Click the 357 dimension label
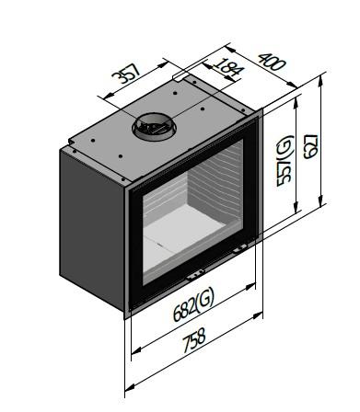coord(126,74)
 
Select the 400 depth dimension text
coord(272,62)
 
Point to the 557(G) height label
coord(285,160)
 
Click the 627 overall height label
coord(311,146)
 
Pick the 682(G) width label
coord(193,305)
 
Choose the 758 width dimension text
coord(193,340)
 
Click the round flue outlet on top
coord(155,127)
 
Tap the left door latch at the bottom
coord(195,274)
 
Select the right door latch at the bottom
coord(239,248)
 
